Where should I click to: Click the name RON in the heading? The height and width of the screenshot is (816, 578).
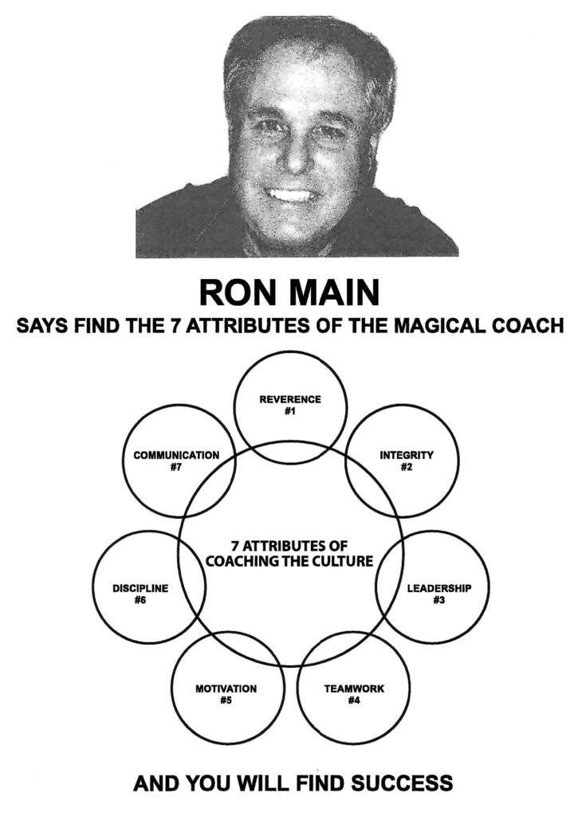pyautogui.click(x=234, y=292)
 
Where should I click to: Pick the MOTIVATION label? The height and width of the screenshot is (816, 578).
pyautogui.click(x=226, y=687)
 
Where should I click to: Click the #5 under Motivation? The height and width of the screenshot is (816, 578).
pyautogui.click(x=226, y=699)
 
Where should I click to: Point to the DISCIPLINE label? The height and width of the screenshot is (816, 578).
pyautogui.click(x=140, y=588)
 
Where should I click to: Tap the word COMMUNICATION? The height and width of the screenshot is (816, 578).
pyautogui.click(x=176, y=456)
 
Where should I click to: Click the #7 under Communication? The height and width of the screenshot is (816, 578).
pyautogui.click(x=176, y=468)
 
